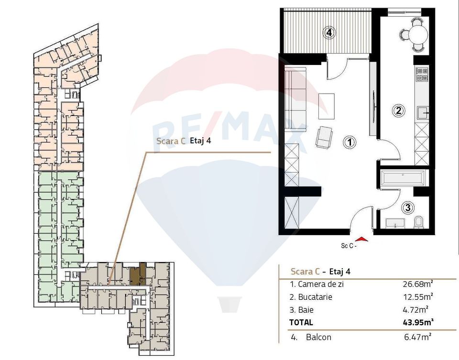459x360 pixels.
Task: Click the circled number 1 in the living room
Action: point(350,142)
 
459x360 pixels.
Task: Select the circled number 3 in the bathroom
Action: point(408,207)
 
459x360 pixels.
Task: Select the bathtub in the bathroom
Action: point(402,179)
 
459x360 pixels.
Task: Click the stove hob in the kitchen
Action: point(421,74)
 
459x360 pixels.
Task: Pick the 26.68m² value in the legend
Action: point(418,284)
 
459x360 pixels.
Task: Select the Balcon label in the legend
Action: point(318,337)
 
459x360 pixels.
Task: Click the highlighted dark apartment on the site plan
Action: point(136,275)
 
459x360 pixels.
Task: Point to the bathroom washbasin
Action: point(394,223)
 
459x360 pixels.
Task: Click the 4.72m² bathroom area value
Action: point(418,310)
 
